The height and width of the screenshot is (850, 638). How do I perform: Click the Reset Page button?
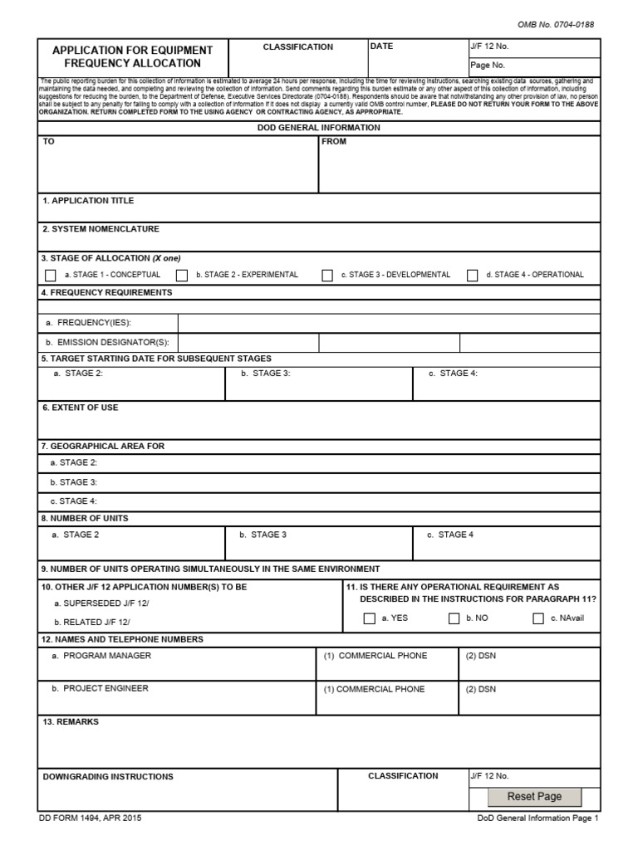click(x=534, y=797)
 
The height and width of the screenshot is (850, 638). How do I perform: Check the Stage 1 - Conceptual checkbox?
click(x=50, y=276)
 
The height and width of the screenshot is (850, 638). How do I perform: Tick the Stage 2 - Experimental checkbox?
click(x=181, y=276)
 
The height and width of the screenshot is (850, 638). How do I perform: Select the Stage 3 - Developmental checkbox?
click(x=327, y=276)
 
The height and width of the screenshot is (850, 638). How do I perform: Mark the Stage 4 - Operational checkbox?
click(x=473, y=276)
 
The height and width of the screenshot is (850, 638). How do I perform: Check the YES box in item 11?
click(x=370, y=618)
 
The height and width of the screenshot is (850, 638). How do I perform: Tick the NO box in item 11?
click(x=454, y=618)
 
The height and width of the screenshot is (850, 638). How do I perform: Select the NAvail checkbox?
click(x=538, y=618)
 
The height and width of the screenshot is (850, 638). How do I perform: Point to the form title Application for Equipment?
click(x=132, y=51)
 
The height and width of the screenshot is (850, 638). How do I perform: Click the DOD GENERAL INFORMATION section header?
click(x=319, y=128)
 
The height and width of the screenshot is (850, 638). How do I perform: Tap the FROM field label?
click(x=334, y=142)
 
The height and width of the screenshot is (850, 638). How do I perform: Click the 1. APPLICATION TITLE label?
click(x=88, y=201)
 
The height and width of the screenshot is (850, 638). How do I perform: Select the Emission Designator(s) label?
click(x=108, y=342)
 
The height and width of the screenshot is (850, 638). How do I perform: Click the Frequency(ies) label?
click(x=89, y=323)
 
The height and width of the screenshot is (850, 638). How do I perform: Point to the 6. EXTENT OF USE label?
click(x=80, y=408)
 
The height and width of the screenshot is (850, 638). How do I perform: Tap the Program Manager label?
click(x=101, y=656)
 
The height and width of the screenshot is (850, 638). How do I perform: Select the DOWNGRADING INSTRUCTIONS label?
click(x=108, y=777)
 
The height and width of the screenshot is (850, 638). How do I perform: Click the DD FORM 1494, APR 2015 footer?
click(x=90, y=818)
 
